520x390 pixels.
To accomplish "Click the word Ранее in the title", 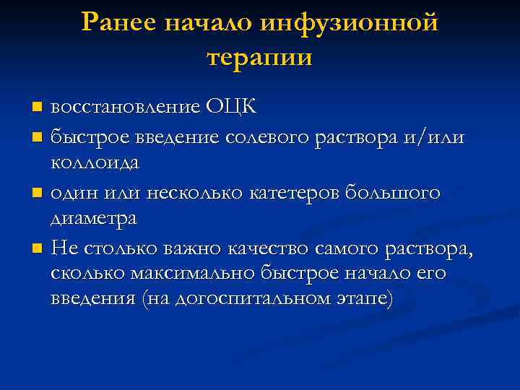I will (121, 22).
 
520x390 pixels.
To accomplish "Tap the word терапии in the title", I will (259, 56).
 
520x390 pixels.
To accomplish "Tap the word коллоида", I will (95, 162).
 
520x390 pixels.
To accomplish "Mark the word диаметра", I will (93, 219).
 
